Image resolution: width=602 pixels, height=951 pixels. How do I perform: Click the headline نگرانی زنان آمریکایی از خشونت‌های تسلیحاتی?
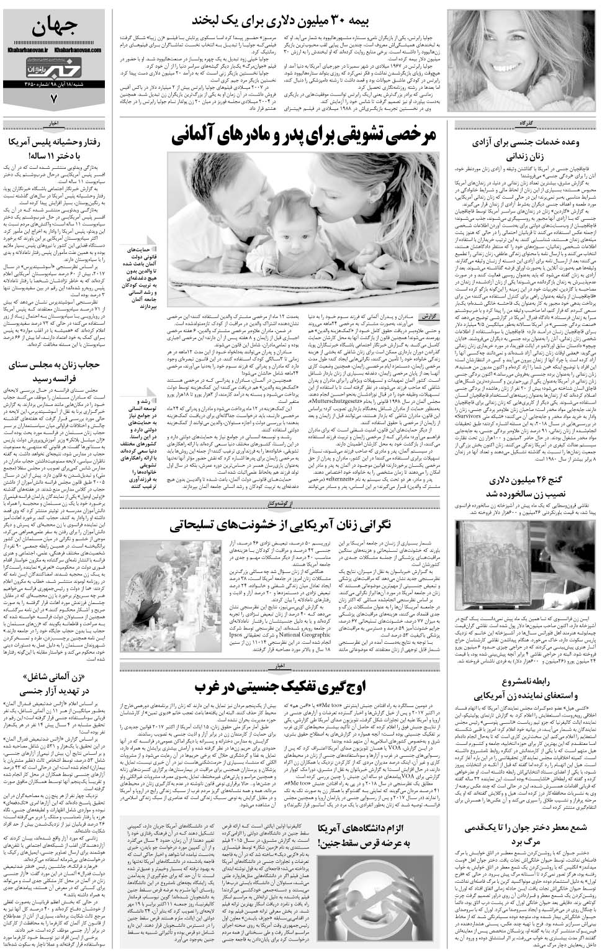(x=291, y=525)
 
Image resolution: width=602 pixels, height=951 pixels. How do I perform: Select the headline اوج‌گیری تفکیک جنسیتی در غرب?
(x=292, y=686)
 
